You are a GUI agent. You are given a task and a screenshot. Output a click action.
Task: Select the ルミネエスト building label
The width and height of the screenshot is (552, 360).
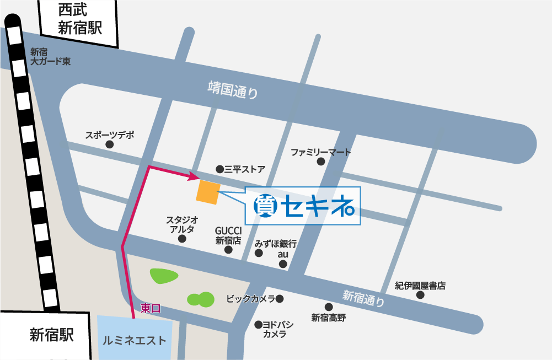pos(134,340)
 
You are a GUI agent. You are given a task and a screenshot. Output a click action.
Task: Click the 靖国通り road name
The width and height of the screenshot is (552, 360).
pos(233,90)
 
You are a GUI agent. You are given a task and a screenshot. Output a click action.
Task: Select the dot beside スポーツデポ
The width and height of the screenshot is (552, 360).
pos(109,144)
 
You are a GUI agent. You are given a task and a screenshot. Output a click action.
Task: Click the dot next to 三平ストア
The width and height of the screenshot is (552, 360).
pos(219,169)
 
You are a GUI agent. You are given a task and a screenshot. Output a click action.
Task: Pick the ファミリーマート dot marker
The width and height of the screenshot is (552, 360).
pos(321,162)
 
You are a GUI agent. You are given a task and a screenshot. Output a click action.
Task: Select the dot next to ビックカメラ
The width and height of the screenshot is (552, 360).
pos(280,299)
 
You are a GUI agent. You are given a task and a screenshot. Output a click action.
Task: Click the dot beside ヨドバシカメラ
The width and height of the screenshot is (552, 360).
pos(258,325)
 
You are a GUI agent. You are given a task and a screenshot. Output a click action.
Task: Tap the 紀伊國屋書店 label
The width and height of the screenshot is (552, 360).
pos(420,286)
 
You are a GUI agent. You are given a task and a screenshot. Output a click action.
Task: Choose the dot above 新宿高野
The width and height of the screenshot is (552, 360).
pos(329,307)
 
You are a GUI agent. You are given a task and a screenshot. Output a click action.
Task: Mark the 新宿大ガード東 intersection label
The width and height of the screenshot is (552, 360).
pos(50,56)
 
